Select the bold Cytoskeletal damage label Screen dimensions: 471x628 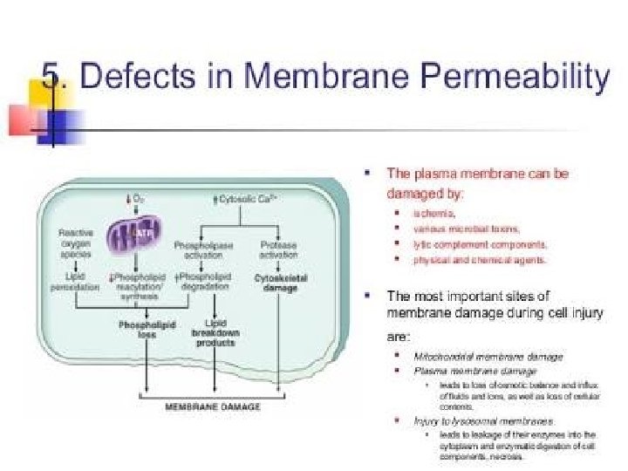point(279,283)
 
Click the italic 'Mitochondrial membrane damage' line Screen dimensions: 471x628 point(488,356)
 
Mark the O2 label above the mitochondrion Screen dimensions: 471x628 point(136,200)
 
